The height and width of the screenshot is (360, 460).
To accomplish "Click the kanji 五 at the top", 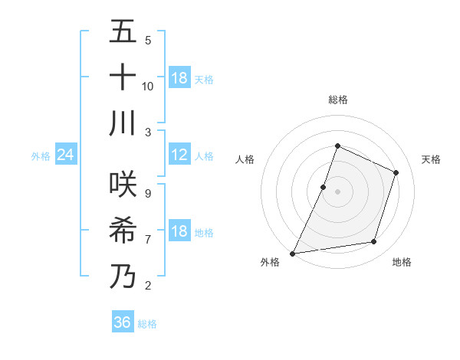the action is coord(123,33).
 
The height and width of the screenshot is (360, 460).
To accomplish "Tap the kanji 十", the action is coord(123,77).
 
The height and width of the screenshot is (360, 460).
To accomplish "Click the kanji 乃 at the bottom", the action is coord(123,275).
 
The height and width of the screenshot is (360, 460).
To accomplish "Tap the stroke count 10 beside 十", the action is coord(148,86).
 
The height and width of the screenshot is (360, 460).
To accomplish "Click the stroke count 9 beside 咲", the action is coord(148,193).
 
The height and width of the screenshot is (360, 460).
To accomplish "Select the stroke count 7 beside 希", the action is coord(148,239).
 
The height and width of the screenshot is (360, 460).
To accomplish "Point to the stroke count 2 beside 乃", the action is coord(148,285).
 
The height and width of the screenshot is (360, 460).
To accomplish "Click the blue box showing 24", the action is coord(65,155).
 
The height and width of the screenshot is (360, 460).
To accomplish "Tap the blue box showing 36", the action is coord(122,322).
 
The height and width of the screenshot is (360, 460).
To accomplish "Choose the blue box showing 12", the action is coord(179,155).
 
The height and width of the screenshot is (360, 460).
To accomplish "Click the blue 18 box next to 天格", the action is coord(179,78).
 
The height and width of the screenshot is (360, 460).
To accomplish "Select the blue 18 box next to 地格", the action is coord(179,232).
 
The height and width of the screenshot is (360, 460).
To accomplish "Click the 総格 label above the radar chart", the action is coord(338,100).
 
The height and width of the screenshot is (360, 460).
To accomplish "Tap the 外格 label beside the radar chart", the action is coord(270,262).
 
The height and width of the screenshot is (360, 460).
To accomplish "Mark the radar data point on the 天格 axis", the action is coord(396,172).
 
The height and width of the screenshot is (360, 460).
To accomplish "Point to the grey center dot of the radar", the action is coord(338,191).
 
